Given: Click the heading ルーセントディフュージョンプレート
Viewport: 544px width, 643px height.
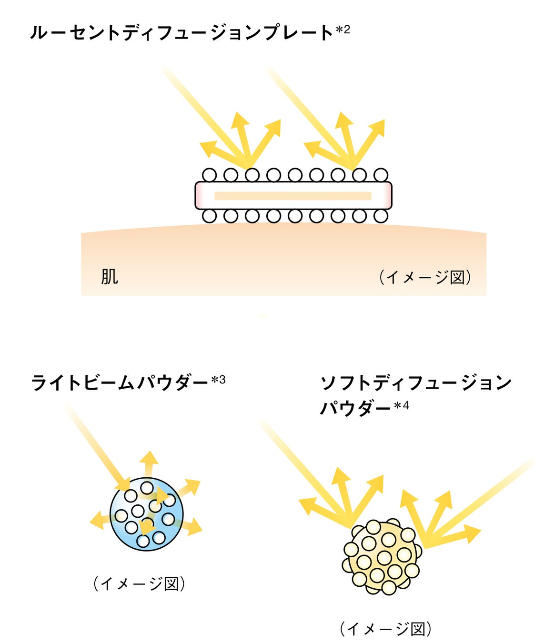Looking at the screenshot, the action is [x=181, y=32].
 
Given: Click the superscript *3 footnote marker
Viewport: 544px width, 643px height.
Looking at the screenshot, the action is [x=218, y=380].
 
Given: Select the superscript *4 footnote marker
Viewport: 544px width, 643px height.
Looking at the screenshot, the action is [x=402, y=406].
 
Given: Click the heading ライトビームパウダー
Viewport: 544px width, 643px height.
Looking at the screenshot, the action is [x=119, y=382].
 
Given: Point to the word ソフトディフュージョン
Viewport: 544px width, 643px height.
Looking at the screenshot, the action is [x=415, y=382].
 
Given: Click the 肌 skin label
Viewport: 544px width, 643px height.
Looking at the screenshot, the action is [x=109, y=277].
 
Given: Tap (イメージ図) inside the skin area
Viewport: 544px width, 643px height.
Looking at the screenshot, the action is [x=425, y=277].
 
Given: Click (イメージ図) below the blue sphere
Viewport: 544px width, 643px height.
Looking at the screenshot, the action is [x=139, y=583].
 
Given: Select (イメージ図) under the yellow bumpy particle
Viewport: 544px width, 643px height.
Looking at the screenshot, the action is [x=386, y=629].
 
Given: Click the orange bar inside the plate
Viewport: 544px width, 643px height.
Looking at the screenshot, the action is [x=292, y=196].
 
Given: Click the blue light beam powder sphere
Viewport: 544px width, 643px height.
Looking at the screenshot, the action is [x=147, y=514].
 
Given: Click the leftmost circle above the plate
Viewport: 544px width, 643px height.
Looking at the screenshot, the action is [x=209, y=175].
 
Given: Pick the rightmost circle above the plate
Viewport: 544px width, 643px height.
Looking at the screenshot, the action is [x=381, y=175].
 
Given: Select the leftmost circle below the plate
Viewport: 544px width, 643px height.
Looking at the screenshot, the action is [x=209, y=216].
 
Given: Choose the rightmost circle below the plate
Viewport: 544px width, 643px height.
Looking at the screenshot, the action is [x=381, y=216].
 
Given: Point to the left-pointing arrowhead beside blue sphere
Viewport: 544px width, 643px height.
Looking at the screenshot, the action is [x=96, y=520].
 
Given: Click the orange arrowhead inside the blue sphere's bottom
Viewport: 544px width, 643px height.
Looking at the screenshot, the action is [x=145, y=527].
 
